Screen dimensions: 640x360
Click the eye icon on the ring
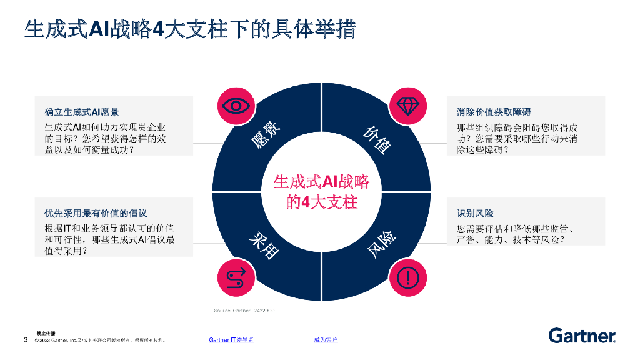pyautogui.click(x=236, y=105)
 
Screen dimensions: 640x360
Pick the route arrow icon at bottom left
pyautogui.click(x=236, y=276)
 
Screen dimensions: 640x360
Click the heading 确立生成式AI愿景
pyautogui.click(x=82, y=112)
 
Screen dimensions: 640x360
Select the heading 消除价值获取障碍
pyautogui.click(x=494, y=112)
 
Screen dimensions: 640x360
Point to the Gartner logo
pyautogui.click(x=582, y=336)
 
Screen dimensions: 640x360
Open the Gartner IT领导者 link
pyautogui.click(x=231, y=340)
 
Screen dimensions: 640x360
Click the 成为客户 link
pyautogui.click(x=326, y=340)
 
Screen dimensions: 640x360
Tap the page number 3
pyautogui.click(x=26, y=340)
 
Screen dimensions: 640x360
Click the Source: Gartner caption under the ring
pyautogui.click(x=244, y=311)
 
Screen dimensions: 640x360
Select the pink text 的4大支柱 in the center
pyautogui.click(x=321, y=202)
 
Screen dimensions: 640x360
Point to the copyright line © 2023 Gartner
pyautogui.click(x=99, y=341)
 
